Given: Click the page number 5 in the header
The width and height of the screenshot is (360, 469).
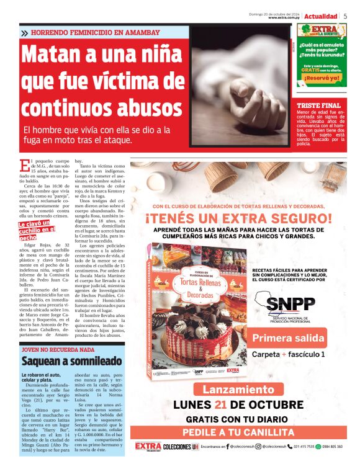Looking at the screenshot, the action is point(346,16).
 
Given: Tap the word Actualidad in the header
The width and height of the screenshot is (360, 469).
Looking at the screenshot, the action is point(321,16).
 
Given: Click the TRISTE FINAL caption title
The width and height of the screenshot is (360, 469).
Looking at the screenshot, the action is point(318,105).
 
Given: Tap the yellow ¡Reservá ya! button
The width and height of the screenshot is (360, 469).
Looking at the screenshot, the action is point(322,78).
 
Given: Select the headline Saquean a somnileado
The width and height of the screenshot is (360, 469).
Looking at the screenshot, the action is point(71,361).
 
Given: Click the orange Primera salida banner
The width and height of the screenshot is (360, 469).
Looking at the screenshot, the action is point(289,338).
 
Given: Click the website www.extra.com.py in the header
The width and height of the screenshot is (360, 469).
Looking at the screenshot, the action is point(285,17).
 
